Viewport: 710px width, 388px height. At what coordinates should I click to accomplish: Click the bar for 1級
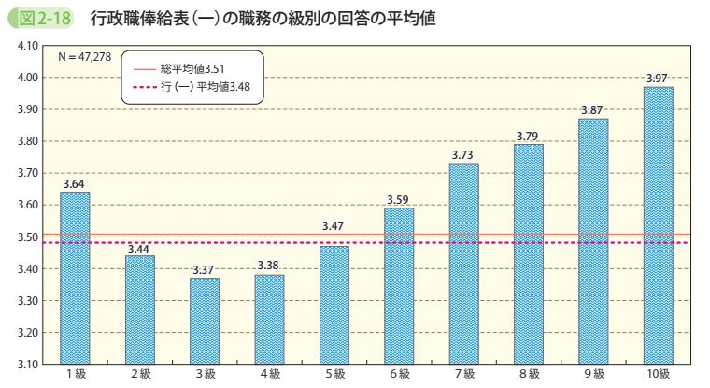(x=75, y=278)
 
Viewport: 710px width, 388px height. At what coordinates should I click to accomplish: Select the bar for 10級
(x=658, y=225)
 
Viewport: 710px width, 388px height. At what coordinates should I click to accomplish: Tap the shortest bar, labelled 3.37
(x=205, y=321)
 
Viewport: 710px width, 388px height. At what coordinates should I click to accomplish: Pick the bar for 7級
(x=463, y=264)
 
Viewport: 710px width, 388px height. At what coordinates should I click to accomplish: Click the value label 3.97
(x=658, y=78)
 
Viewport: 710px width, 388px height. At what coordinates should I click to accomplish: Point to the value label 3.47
(x=334, y=226)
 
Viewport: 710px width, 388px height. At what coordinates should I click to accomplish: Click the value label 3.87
(x=592, y=109)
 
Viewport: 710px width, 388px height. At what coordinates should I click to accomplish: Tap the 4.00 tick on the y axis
(x=28, y=78)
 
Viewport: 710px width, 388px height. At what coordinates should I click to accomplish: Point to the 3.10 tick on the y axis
(x=28, y=364)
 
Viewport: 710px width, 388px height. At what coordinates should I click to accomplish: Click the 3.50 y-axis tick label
(x=28, y=237)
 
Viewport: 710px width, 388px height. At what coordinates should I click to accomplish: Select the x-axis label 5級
(x=334, y=375)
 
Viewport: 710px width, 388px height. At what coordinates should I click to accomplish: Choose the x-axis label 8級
(x=528, y=375)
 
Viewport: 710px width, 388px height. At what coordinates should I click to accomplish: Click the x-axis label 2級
(x=140, y=375)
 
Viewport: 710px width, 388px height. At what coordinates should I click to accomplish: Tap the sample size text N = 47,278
(x=84, y=56)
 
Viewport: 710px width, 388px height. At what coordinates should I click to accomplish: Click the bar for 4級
(x=269, y=319)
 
